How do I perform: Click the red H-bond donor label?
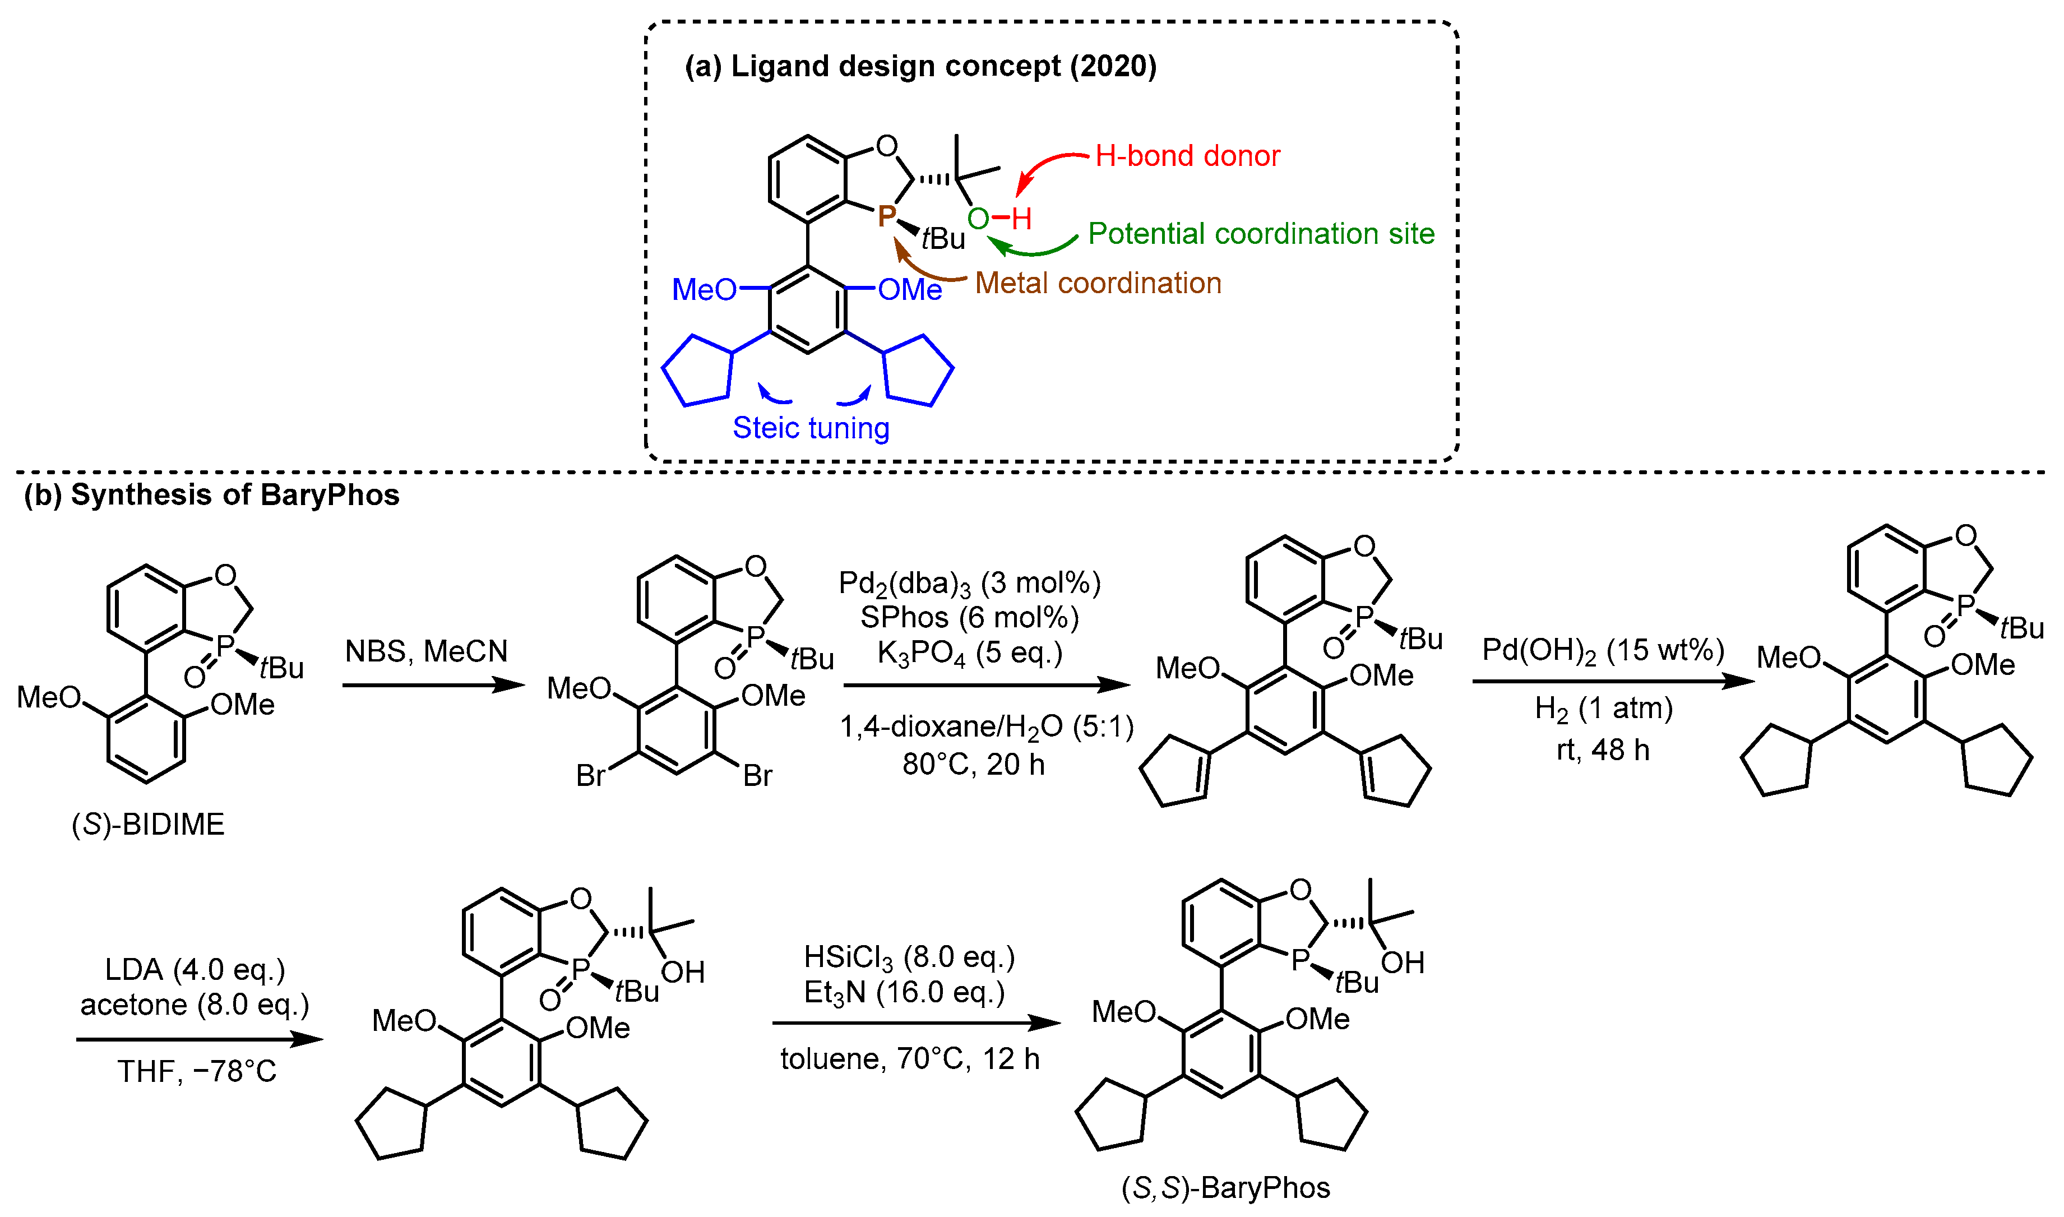[x=1187, y=156]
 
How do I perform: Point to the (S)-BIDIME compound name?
[x=149, y=823]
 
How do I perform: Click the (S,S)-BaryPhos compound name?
[x=1225, y=1187]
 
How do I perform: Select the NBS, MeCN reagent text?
[x=427, y=651]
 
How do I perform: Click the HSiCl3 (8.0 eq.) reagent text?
[x=909, y=956]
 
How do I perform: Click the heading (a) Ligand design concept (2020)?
[x=920, y=66]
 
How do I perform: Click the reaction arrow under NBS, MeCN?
[x=433, y=685]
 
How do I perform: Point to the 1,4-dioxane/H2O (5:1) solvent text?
[x=987, y=727]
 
